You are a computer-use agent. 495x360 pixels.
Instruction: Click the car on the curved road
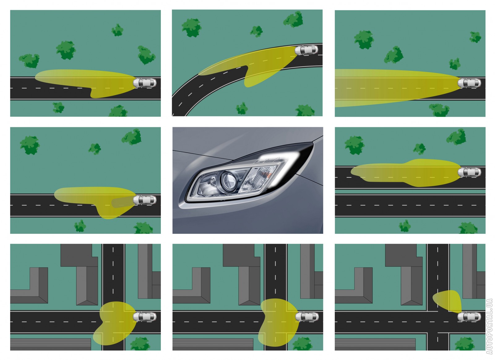point(306,50)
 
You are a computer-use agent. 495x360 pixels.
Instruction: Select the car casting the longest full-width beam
point(469,83)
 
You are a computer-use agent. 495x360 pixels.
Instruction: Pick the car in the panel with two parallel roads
point(469,172)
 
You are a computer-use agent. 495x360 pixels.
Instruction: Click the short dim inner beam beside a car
point(123,203)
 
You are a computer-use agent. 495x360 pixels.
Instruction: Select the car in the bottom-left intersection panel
point(144,317)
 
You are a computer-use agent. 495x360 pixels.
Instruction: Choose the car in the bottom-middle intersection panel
point(307,317)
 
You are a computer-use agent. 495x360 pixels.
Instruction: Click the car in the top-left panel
point(144,83)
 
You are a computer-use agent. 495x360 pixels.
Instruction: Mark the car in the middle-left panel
point(144,200)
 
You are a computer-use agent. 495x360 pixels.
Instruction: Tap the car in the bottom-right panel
point(469,317)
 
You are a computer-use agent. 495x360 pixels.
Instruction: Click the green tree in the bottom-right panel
point(464,344)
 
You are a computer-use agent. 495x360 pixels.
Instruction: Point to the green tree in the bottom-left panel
point(140,344)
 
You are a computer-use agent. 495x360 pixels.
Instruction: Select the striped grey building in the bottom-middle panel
point(213,344)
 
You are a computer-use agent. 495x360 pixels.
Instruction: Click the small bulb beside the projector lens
point(213,181)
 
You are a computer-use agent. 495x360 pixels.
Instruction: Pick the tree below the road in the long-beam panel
point(439,110)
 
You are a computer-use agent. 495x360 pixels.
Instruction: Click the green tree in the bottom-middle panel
point(303,344)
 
